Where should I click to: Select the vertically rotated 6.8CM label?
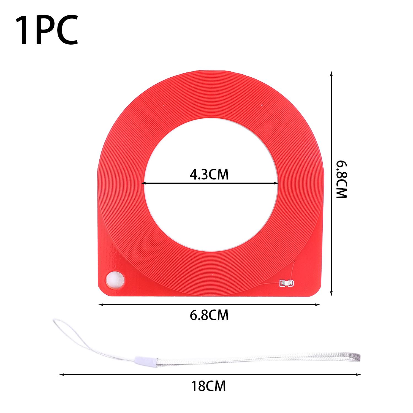pyautogui.click(x=342, y=179)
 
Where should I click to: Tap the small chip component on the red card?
pyautogui.click(x=287, y=283)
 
